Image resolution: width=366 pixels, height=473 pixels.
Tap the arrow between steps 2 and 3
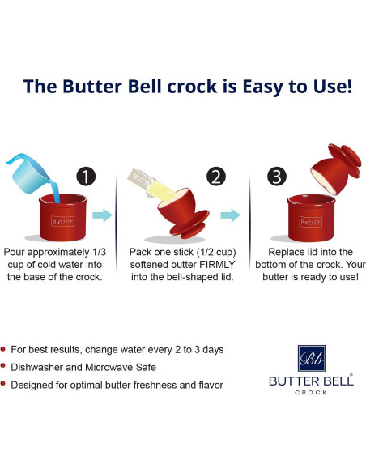(x=232, y=215)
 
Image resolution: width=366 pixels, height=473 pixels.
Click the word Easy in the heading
(x=242, y=87)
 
